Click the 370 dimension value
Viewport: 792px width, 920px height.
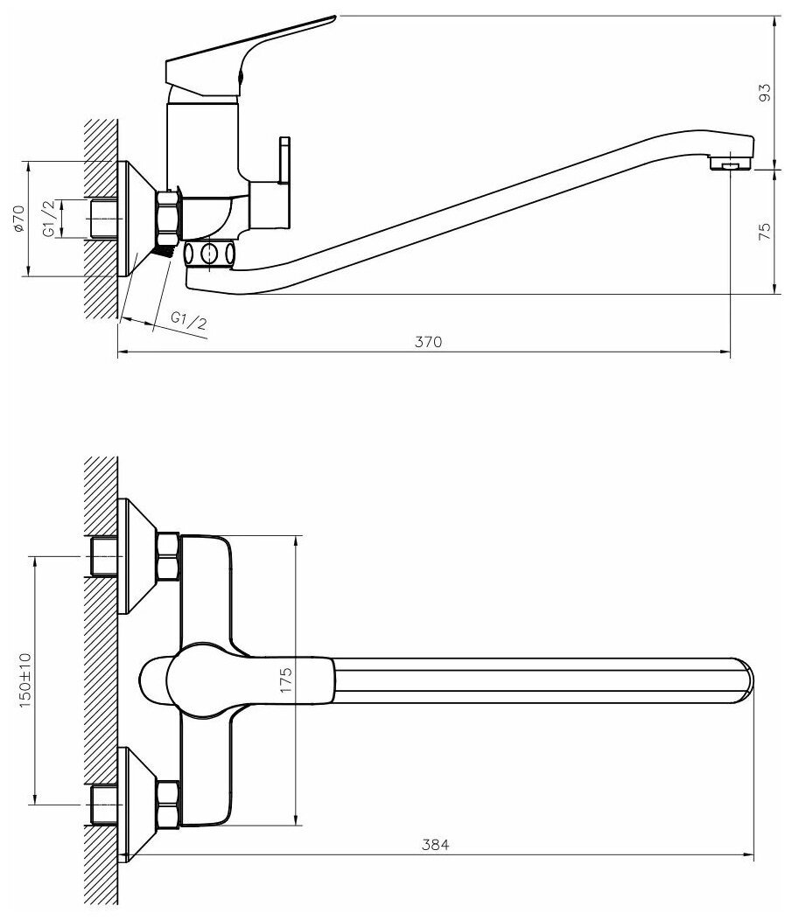424,343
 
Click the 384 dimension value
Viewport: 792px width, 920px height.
435,845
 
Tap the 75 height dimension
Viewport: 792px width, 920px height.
764,232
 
